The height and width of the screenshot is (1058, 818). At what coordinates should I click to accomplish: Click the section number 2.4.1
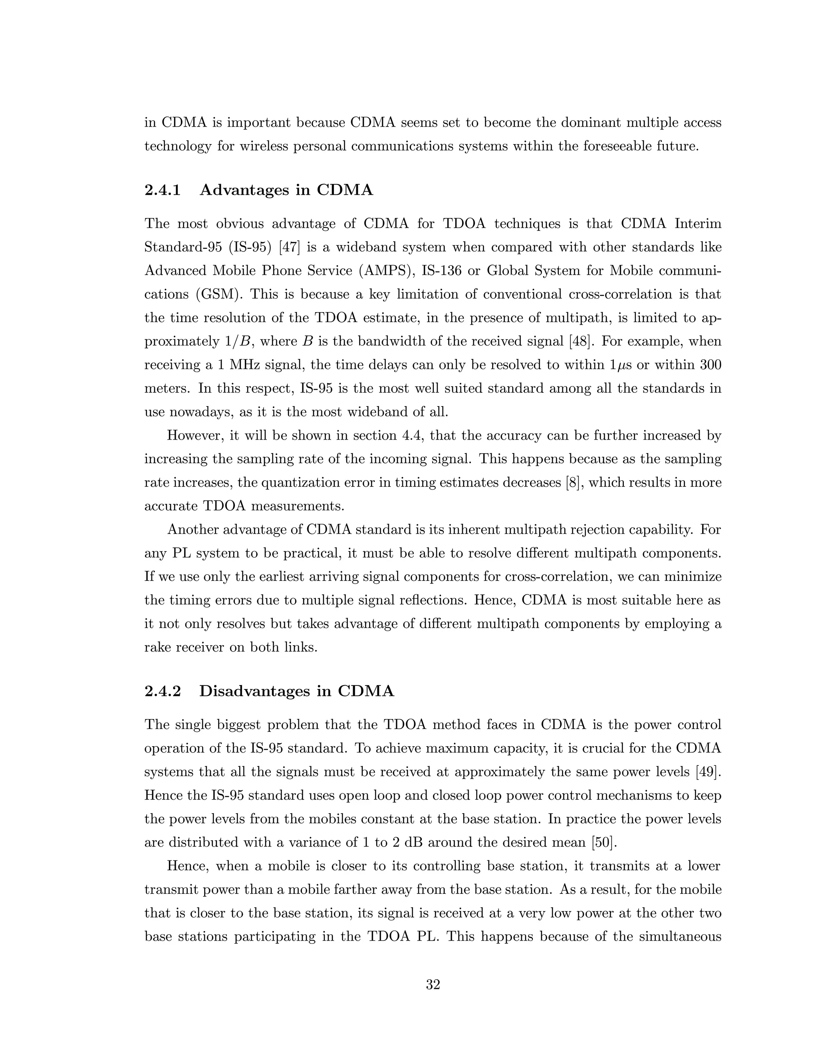(163, 190)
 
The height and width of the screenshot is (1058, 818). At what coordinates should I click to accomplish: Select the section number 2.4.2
(163, 691)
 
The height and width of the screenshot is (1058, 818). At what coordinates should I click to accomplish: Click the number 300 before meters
(711, 365)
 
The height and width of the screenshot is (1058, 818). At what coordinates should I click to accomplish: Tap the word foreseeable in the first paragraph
(616, 146)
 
